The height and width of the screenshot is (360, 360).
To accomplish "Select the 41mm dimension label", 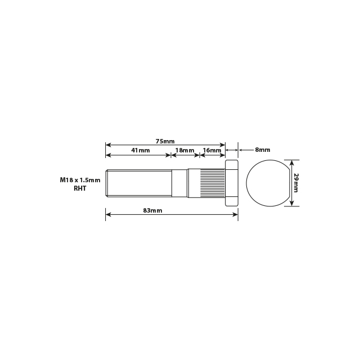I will coord(140,151).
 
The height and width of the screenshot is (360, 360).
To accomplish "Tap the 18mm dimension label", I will coord(185,151).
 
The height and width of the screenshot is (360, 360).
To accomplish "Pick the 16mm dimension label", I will coord(212,151).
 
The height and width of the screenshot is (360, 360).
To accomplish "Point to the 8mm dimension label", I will coord(263,150).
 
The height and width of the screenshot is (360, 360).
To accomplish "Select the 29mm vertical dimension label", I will coord(296,182).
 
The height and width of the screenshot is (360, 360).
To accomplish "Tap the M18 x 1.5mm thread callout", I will coord(80,181).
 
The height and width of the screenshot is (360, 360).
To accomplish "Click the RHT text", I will coord(80,190).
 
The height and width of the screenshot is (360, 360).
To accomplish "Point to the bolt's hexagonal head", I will coord(232,183).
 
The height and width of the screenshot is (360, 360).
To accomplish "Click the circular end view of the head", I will coord(267,183).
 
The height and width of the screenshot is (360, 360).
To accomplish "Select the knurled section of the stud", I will coord(206,183).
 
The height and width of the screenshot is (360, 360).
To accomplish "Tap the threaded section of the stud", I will coord(138,183).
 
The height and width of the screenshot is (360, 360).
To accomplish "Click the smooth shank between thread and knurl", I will coord(179,183).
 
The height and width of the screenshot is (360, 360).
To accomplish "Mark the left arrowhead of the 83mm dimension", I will coord(108,214).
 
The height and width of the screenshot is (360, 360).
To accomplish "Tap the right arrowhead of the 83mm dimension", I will coord(236,214).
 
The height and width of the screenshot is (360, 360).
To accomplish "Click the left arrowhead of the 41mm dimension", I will coord(108,155).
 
